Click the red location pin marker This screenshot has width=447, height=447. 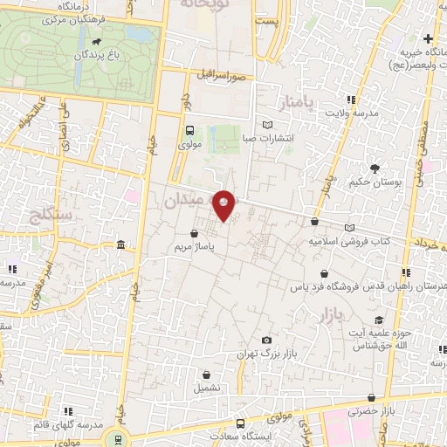(x=224, y=204)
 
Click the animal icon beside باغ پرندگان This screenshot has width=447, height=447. (x=93, y=42)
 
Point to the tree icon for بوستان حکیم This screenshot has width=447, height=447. (x=375, y=168)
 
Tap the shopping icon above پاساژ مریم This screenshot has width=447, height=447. (x=193, y=233)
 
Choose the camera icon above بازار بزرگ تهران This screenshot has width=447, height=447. (x=266, y=340)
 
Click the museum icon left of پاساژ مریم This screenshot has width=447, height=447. (x=119, y=244)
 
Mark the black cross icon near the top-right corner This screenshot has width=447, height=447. (x=428, y=38)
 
